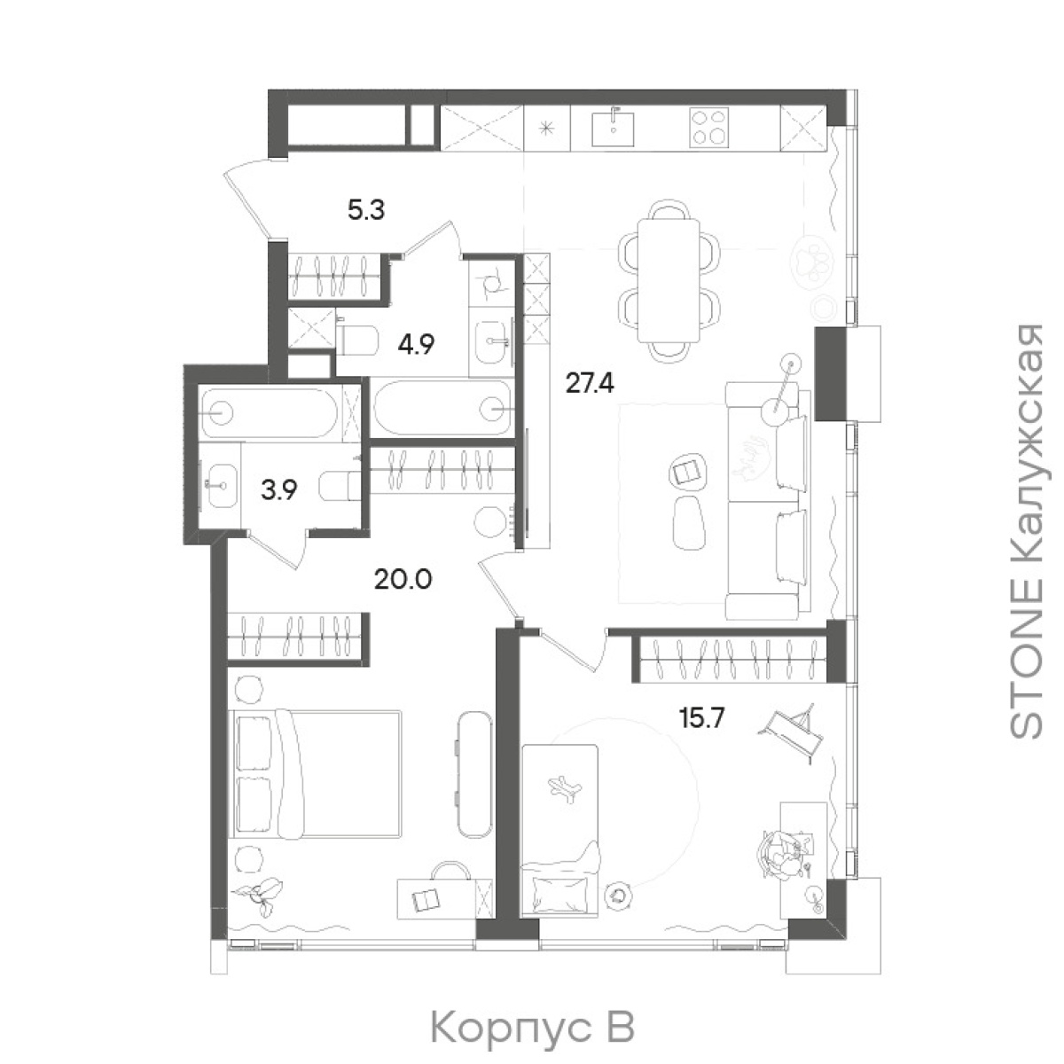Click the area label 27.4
pyautogui.click(x=590, y=383)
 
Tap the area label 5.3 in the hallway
pyautogui.click(x=366, y=210)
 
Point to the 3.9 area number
pyautogui.click(x=279, y=489)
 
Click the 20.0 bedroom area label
pyautogui.click(x=403, y=579)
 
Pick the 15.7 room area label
pyautogui.click(x=700, y=718)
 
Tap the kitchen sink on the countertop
pyautogui.click(x=613, y=128)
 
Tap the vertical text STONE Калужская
pyautogui.click(x=1026, y=530)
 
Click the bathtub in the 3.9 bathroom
pyautogui.click(x=270, y=413)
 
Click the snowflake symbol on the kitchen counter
pyautogui.click(x=546, y=129)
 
